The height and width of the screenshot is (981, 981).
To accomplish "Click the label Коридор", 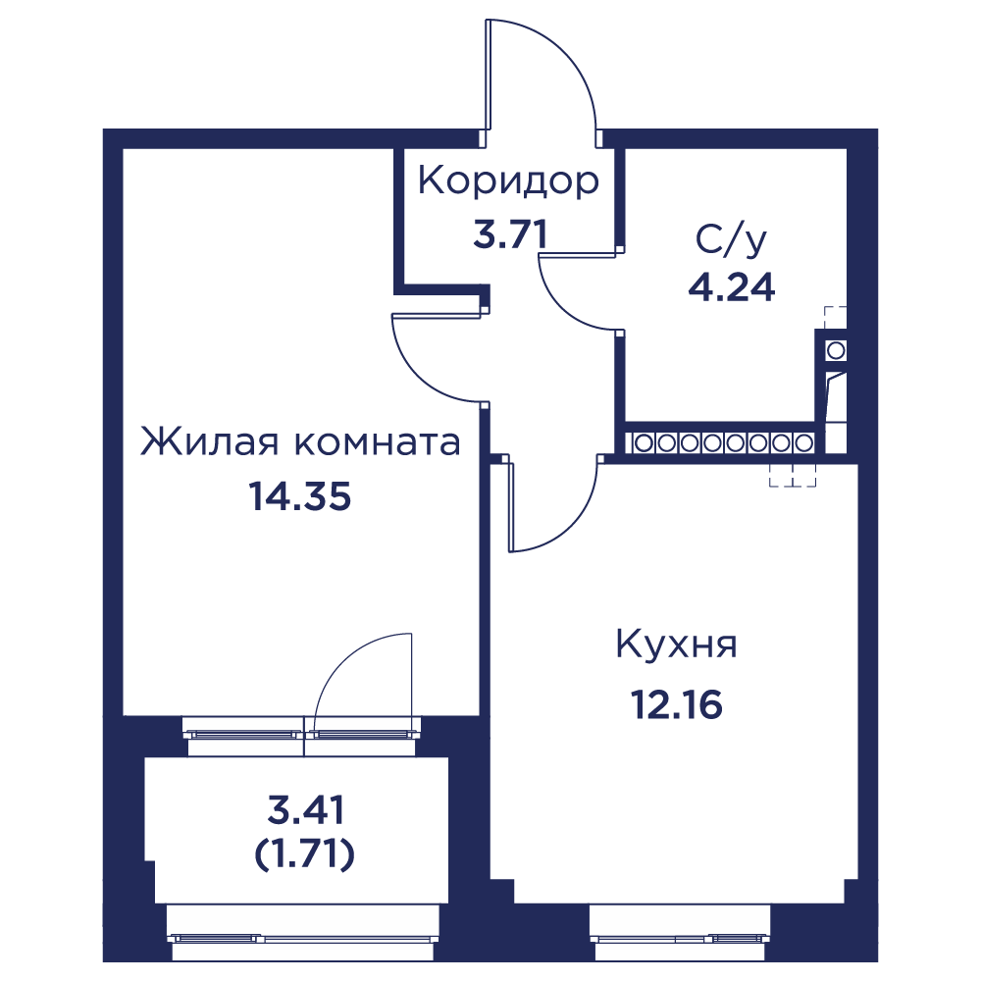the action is coord(508,182).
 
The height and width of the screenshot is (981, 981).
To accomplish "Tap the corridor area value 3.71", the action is coord(510,235).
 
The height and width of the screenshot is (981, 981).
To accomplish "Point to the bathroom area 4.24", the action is coord(732,287).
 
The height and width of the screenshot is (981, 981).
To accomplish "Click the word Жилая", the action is coord(210,441).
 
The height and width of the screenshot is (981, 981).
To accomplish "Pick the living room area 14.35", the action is coord(300,496).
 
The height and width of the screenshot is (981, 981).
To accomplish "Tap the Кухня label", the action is coord(676,645).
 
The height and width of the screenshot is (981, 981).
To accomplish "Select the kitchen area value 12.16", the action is coord(676,704).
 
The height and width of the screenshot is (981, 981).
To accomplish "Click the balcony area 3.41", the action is coord(305,810).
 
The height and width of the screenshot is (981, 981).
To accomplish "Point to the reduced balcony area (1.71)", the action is coord(305,854).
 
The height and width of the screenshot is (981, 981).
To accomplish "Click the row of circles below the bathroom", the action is coord(723,443).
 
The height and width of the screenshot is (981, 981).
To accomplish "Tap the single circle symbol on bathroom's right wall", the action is coord(836,350).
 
